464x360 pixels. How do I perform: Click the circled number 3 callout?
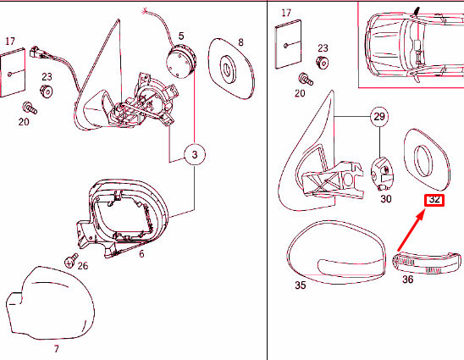click(195, 154)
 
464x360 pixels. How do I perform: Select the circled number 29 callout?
click(379, 117)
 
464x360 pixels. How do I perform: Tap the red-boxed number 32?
click(434, 200)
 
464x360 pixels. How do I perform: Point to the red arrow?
click(411, 230)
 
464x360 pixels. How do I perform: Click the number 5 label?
click(181, 36)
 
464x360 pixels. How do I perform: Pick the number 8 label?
click(240, 42)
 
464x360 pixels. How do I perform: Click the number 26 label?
click(83, 266)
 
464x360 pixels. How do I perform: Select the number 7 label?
click(57, 349)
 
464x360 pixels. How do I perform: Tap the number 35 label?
click(300, 285)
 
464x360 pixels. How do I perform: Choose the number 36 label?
click(407, 280)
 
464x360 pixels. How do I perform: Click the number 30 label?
click(386, 199)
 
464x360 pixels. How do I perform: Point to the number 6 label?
click(141, 254)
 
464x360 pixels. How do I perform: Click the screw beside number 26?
click(71, 261)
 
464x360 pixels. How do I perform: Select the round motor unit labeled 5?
click(181, 62)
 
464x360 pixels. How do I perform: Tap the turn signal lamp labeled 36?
click(427, 263)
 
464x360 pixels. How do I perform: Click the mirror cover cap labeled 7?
click(50, 303)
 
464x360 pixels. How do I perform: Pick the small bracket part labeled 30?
click(382, 174)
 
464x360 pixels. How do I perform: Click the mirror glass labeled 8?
click(231, 69)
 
